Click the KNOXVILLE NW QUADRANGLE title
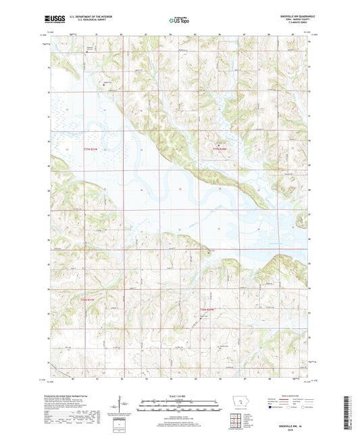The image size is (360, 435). pyautogui.click(x=293, y=15)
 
